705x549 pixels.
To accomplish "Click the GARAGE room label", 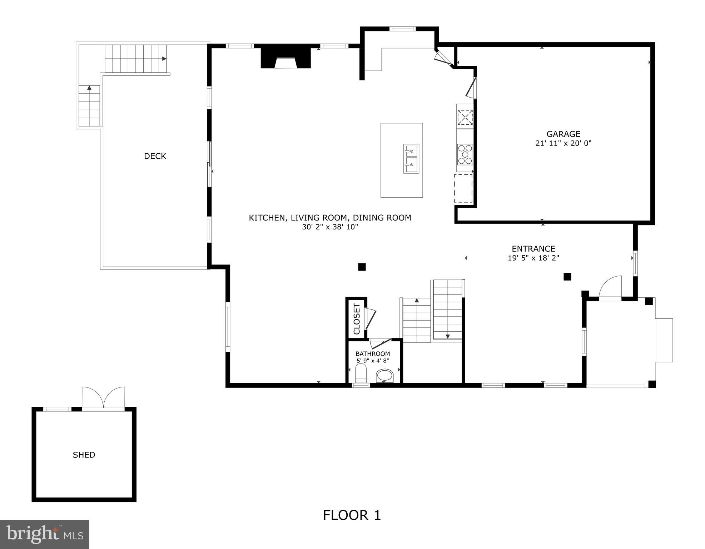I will pos(563,134).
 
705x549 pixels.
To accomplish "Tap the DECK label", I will pos(155,156).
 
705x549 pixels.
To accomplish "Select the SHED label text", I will pos(84,455).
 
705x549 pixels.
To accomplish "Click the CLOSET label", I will pos(357,319).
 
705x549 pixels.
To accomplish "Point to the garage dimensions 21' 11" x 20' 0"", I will pos(563,143).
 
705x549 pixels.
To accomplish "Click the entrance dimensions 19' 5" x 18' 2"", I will pos(533,258).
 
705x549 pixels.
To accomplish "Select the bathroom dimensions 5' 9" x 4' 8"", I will pos(373,361).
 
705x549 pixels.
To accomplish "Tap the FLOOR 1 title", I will pos(352,515).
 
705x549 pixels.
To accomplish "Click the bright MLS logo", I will pos(45,534).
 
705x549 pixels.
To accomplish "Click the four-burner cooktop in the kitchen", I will pos(465,154).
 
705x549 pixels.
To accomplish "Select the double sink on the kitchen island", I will pos(411,159).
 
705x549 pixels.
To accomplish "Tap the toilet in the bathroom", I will pos(361,373).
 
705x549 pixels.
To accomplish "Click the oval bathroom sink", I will pos(384,375).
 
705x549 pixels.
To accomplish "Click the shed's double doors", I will pos(103,397).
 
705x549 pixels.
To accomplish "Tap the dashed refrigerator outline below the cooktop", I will pos(463,188).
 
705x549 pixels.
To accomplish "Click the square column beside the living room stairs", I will pos(362,267).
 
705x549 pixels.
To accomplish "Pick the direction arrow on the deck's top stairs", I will pos(164,59).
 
